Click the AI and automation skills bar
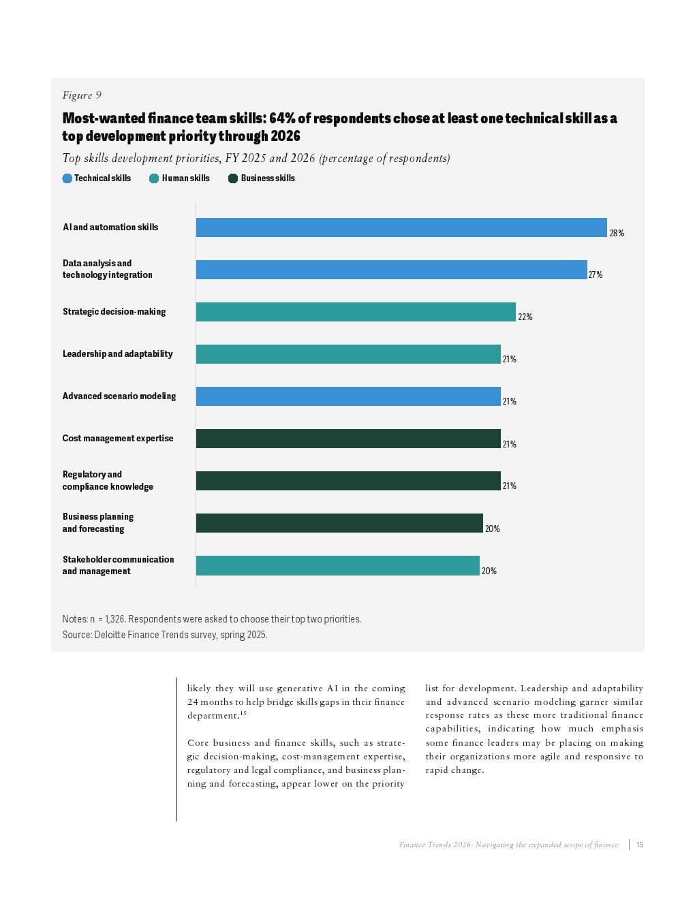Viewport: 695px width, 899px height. point(401,227)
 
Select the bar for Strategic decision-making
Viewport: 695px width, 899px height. point(356,312)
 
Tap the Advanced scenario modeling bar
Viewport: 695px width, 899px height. point(348,396)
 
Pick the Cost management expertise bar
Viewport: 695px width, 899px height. point(348,439)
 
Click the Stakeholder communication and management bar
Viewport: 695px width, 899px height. point(338,565)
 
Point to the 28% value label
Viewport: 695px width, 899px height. point(617,234)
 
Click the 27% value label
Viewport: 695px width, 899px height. point(596,275)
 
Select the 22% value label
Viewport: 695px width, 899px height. point(525,317)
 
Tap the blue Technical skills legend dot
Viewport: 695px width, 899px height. point(67,178)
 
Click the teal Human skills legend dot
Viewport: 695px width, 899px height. point(154,178)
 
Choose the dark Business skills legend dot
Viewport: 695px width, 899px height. point(233,178)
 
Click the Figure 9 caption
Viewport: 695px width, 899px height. point(82,95)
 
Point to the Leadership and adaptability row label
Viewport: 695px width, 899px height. point(118,354)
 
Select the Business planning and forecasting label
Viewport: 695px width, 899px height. point(98,523)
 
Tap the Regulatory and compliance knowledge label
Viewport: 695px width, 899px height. point(108,481)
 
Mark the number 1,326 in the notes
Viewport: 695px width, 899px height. point(114,619)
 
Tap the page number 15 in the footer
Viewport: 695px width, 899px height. point(640,845)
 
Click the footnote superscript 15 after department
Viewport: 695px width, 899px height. point(243,713)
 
